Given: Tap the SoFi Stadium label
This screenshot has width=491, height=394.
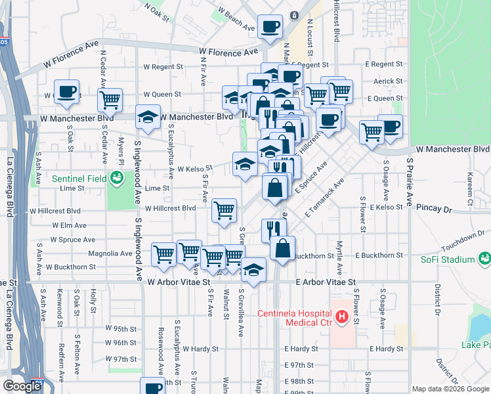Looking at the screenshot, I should pyautogui.click(x=448, y=259).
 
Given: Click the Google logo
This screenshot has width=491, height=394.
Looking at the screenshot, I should pyautogui.click(x=22, y=386).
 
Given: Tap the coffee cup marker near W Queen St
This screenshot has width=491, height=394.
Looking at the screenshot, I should pyautogui.click(x=66, y=93).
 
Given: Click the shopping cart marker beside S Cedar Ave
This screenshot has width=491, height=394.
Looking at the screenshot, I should pyautogui.click(x=110, y=100).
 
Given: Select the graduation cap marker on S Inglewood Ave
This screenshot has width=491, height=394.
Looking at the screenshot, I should pyautogui.click(x=148, y=118).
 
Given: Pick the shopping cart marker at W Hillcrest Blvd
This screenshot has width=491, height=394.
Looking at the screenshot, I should pyautogui.click(x=224, y=211).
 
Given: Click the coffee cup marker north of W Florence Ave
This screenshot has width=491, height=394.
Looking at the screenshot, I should pyautogui.click(x=270, y=27).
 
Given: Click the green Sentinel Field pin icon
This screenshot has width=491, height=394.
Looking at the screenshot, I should pyautogui.click(x=117, y=177).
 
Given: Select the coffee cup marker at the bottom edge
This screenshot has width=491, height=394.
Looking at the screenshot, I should pyautogui.click(x=152, y=387).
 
